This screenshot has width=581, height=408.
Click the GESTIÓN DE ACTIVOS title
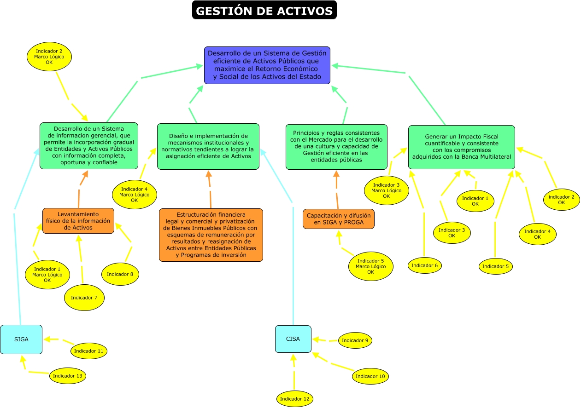pos(264,11)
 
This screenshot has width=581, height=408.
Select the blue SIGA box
pos(21,339)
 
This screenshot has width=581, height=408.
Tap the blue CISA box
pos(293,339)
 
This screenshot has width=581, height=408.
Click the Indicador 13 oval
pos(68,376)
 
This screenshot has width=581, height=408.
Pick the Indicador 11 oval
pos(89,351)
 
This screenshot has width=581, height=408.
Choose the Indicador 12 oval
pos(295,398)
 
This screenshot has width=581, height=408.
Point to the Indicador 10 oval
pos(370,376)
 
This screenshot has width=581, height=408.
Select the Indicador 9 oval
pos(355,340)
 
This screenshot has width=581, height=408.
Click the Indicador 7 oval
pos(84,298)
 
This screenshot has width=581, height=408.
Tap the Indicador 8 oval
pos(120,274)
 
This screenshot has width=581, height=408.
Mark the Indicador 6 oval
pos(425,265)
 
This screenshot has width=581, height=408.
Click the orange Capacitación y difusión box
pos(339,219)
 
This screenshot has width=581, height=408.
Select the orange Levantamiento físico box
pos(78,221)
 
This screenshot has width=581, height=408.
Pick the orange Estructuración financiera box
pos(211,235)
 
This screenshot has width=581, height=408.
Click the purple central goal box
pos(267,65)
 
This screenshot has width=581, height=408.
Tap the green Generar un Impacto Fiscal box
pos(461,147)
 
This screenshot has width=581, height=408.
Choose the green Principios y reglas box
pos(336,147)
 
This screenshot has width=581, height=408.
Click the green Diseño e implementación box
pos(208,146)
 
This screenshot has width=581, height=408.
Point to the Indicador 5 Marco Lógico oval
pos(371,266)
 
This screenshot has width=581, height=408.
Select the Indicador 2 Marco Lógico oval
pos(49,57)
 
